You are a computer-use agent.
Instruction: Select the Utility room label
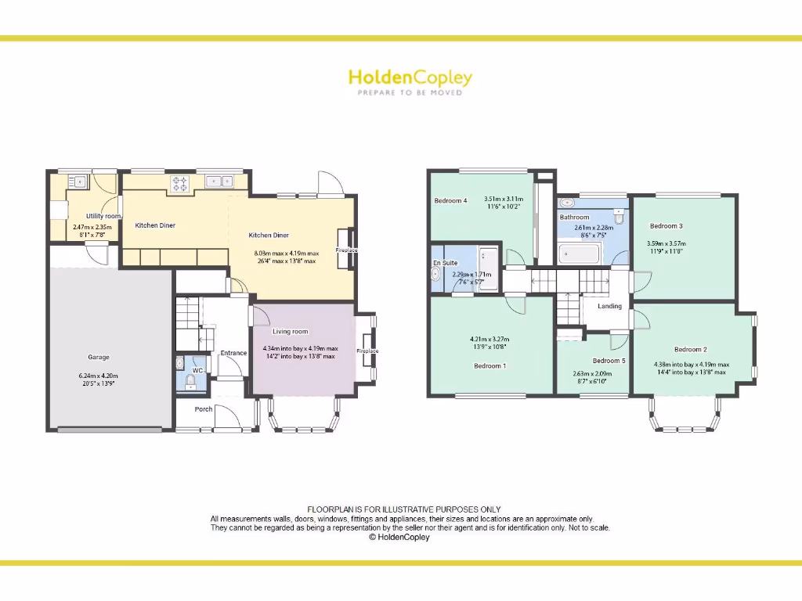coord(103,216)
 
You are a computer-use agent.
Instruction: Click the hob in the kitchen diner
coord(179,183)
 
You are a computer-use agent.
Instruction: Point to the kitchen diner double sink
coord(219,182)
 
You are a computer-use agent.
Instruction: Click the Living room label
coord(290,332)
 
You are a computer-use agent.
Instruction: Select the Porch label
coord(204,409)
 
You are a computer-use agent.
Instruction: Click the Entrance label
coord(233,353)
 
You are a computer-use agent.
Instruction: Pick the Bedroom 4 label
coord(450,201)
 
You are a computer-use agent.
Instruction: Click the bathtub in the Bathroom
coord(579,254)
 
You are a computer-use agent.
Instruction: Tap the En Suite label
coord(445,264)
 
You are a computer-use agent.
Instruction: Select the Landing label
coord(609,306)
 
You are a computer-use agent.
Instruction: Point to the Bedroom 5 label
coord(609,361)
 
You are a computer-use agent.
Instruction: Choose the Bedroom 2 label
coord(690,349)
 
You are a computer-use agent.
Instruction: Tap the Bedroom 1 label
coord(490,365)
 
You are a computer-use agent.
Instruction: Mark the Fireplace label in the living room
coord(367,351)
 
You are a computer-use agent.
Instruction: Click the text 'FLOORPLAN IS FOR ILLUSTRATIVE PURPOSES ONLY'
coord(403,509)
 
